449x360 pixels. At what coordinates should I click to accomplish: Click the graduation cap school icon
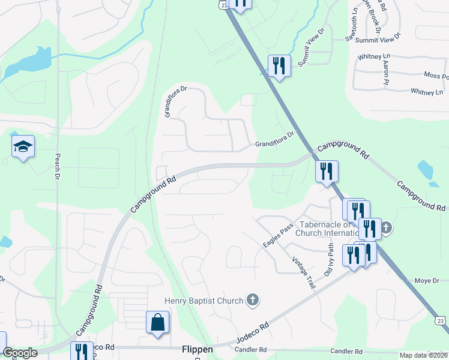[x=23, y=147]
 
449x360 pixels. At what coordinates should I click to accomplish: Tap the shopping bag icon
[x=157, y=322]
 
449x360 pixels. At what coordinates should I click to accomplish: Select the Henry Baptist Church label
[x=204, y=301]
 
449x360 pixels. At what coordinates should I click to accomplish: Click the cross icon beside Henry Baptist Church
[x=253, y=300]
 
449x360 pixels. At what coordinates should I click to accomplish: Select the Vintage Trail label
[x=303, y=273]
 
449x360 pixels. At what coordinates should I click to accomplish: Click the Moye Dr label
[x=427, y=281]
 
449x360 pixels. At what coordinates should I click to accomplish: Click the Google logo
[x=20, y=353]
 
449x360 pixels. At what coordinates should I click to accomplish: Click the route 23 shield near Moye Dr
[x=441, y=322]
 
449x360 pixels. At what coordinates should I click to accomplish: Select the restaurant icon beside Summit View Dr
[x=279, y=65]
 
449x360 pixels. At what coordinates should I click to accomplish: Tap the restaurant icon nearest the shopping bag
[x=81, y=351]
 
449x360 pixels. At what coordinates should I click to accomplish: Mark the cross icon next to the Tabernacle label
[x=387, y=227]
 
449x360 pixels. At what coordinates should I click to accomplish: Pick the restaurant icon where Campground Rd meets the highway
[x=327, y=171]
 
